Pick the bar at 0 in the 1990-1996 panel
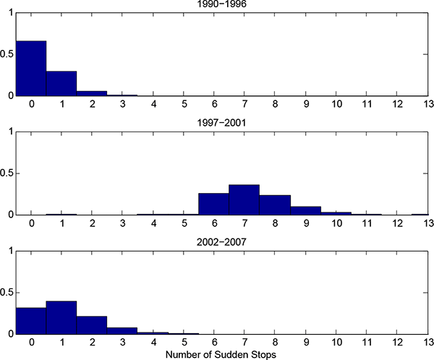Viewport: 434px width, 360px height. click(x=31, y=69)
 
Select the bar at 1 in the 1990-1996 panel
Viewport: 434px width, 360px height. click(x=61, y=83)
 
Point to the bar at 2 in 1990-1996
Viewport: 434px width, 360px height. click(x=92, y=93)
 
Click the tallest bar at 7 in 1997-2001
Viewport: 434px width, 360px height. click(x=244, y=200)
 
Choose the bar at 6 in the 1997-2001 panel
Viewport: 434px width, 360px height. click(x=214, y=204)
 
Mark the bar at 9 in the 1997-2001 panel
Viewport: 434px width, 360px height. click(x=305, y=210)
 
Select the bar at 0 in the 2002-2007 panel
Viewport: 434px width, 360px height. click(x=31, y=320)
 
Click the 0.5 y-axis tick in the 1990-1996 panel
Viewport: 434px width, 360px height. click(x=7, y=54)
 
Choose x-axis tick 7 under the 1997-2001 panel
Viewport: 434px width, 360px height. click(x=244, y=224)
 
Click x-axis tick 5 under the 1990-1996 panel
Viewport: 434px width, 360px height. click(x=184, y=105)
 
